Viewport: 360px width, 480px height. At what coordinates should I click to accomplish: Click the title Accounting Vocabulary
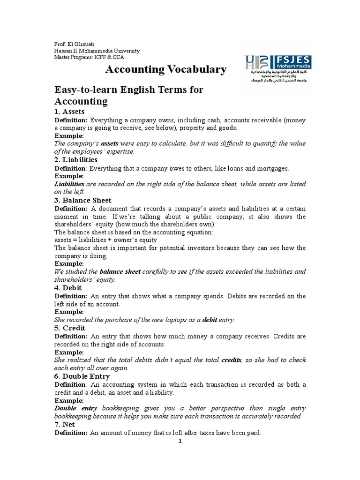pyautogui.click(x=165, y=70)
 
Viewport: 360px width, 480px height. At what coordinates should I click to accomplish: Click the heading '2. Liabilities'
pyautogui.click(x=76, y=160)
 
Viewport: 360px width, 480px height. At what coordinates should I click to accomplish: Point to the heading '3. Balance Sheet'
pyautogui.click(x=83, y=200)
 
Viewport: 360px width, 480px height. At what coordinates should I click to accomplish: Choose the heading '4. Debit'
pyautogui.click(x=68, y=288)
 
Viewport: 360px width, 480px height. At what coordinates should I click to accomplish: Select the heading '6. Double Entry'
pyautogui.click(x=82, y=376)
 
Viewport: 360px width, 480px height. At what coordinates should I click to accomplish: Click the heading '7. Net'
pyautogui.click(x=65, y=424)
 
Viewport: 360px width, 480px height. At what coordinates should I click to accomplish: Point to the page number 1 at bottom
pyautogui.click(x=180, y=441)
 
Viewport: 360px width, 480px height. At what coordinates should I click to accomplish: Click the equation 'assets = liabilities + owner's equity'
pyautogui.click(x=106, y=240)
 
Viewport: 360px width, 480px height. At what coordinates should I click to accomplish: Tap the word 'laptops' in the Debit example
pyautogui.click(x=174, y=320)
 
